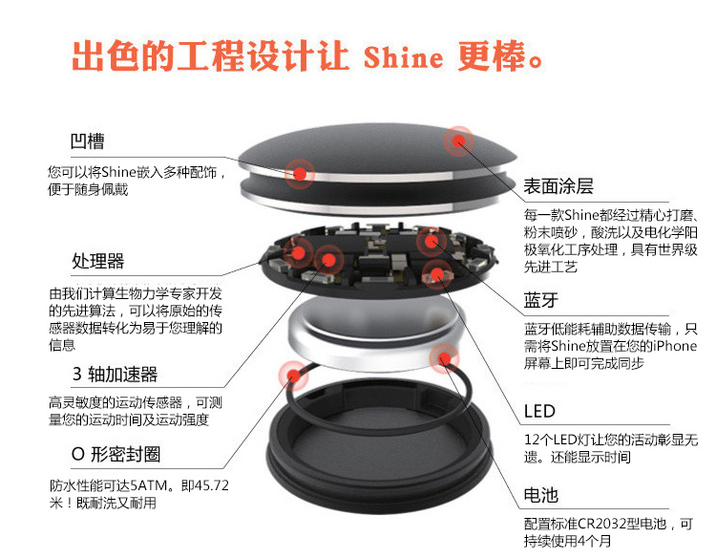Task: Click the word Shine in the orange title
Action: click(403, 57)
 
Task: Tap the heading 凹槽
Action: click(87, 141)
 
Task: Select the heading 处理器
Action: click(98, 261)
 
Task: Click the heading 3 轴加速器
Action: click(116, 374)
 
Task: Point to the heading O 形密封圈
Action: click(116, 454)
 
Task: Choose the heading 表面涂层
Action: click(558, 186)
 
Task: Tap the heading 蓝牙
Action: click(540, 300)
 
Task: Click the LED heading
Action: click(539, 411)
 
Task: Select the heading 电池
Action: click(540, 495)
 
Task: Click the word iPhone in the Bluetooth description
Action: click(674, 346)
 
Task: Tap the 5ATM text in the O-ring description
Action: click(148, 485)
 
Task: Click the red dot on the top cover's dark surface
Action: click(458, 140)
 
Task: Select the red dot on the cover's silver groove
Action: click(300, 174)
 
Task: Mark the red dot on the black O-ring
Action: click(293, 376)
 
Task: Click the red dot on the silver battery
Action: click(443, 358)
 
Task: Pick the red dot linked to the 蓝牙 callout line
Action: click(431, 241)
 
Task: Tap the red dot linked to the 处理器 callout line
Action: click(298, 252)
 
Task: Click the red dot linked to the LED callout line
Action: click(437, 274)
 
